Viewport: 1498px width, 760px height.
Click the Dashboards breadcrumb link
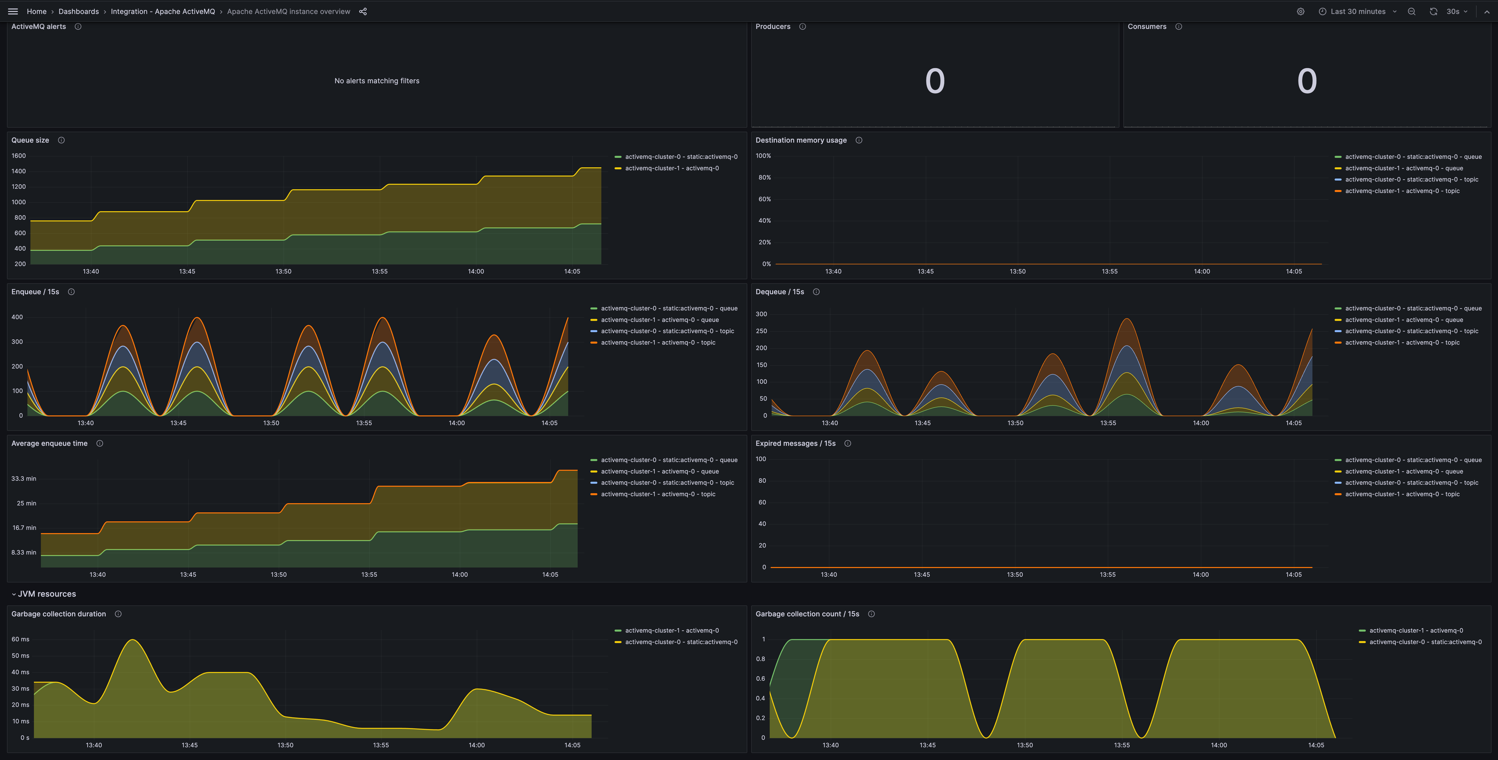79,12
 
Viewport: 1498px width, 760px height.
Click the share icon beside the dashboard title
363,12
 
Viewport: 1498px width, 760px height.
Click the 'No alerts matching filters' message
377,81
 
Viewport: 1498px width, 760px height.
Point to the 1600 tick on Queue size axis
19,156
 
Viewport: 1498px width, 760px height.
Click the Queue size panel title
30,140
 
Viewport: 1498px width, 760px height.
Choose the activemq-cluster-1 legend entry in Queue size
672,168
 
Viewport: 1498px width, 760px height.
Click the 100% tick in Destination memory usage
763,156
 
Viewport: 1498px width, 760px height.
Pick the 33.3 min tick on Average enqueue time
24,478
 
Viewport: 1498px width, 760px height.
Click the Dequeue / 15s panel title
779,292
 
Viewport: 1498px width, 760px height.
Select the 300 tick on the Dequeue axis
761,314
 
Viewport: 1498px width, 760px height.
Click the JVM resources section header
47,594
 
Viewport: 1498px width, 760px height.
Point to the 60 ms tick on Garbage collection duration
20,639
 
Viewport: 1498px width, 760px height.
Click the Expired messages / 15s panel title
795,444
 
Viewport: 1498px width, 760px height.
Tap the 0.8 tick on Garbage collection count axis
760,659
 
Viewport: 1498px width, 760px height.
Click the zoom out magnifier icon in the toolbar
1411,12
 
